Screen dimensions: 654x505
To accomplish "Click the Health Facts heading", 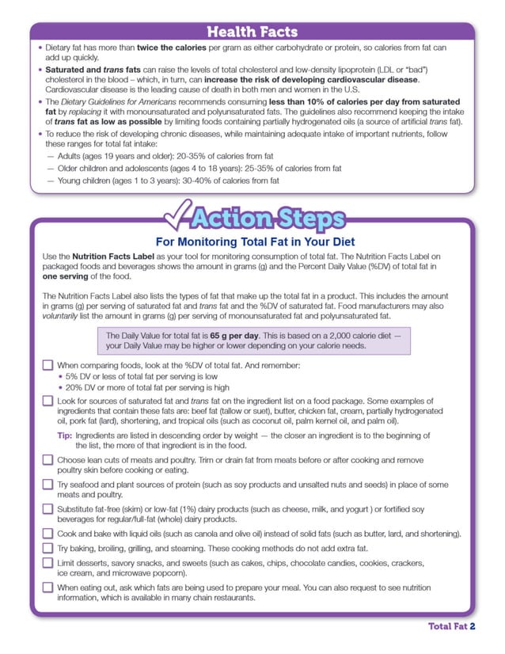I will (252, 32).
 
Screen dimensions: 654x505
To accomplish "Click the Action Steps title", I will (269, 218).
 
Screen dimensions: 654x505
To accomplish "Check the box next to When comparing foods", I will (47, 366).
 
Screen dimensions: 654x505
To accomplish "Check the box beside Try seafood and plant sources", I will (47, 485).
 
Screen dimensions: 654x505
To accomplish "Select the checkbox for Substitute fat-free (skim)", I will (47, 509).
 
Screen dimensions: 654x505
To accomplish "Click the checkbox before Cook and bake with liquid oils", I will (47, 534).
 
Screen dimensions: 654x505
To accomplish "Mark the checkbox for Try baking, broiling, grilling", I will (47, 548).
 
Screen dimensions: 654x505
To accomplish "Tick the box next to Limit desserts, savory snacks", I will (47, 563).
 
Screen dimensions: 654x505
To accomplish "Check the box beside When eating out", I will (47, 587).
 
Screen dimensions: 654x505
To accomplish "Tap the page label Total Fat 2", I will (451, 626).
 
